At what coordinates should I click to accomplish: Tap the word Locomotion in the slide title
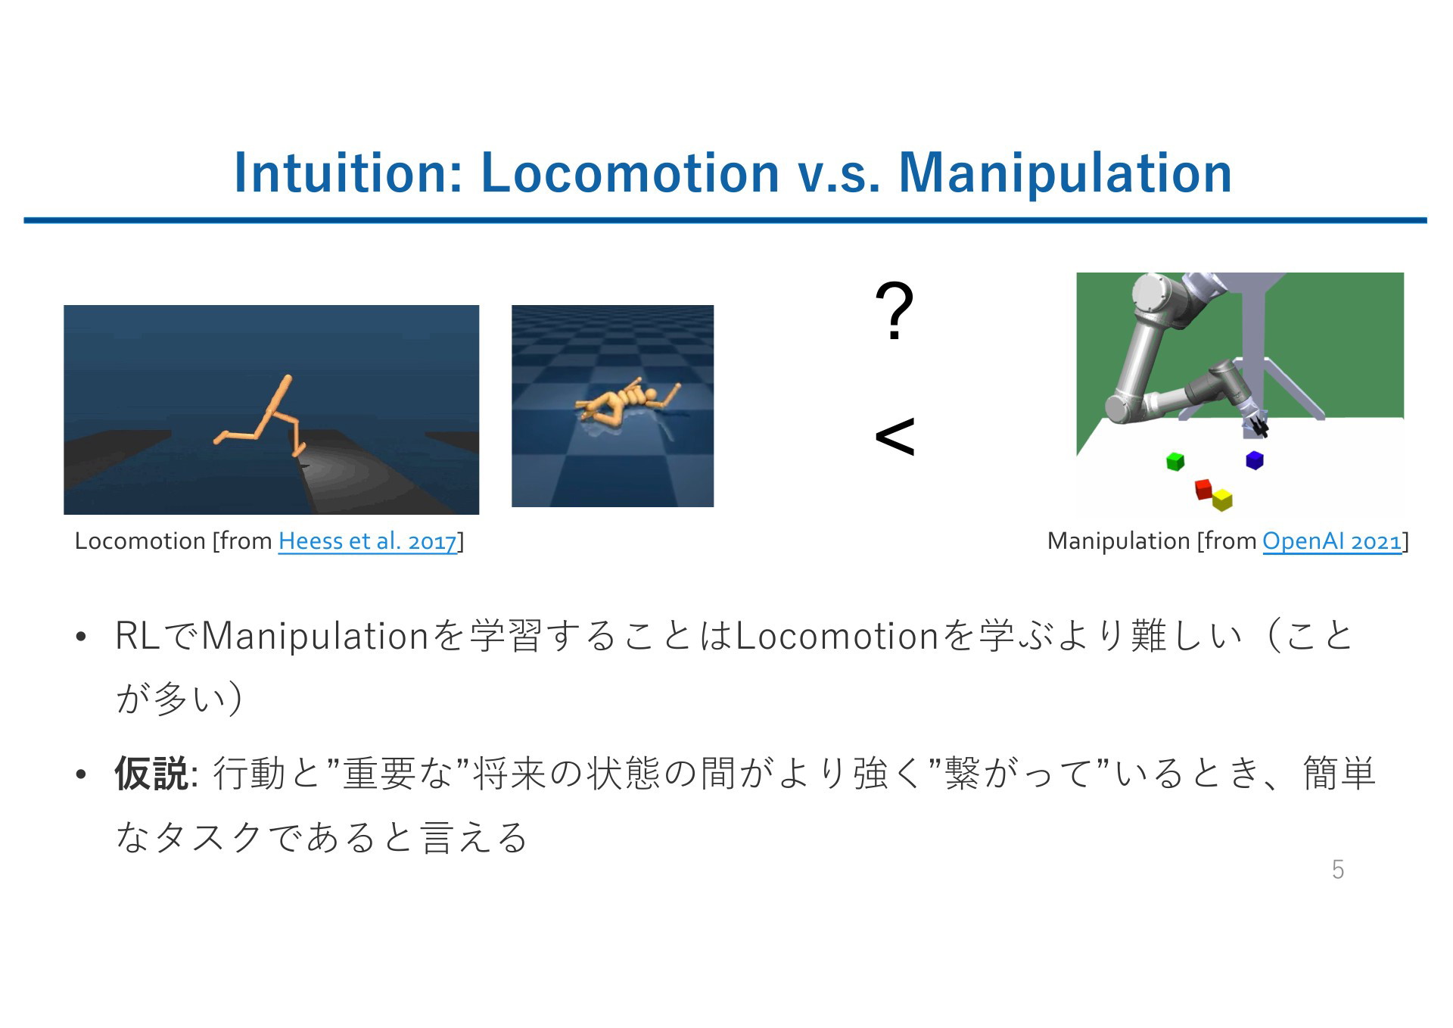[630, 172]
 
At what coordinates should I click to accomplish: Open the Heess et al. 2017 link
[368, 541]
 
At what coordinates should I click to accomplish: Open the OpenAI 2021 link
[1332, 541]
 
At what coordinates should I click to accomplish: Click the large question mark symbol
[895, 311]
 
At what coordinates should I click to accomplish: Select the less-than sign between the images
[895, 437]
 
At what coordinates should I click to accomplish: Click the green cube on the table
[1175, 461]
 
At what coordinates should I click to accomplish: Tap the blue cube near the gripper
[1255, 459]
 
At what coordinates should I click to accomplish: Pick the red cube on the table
[1203, 488]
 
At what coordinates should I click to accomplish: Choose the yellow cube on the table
[1222, 500]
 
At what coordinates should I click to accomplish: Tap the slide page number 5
[1338, 870]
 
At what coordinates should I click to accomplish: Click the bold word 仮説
[151, 774]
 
